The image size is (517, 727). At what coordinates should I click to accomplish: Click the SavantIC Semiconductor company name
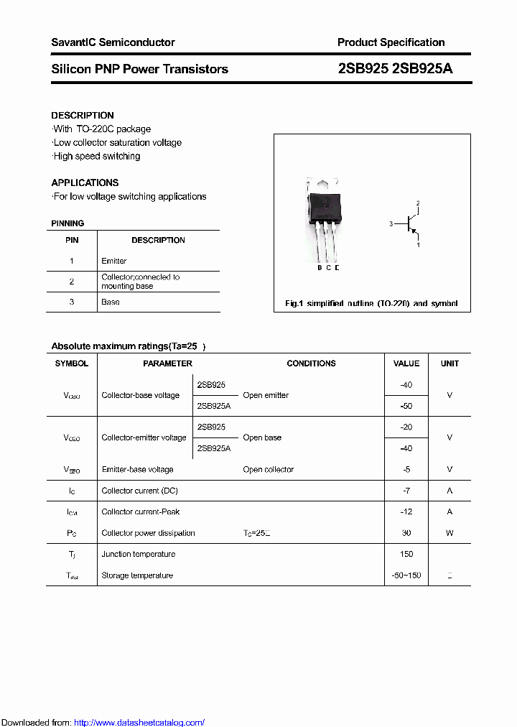pyautogui.click(x=113, y=42)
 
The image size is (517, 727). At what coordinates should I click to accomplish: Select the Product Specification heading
pyautogui.click(x=391, y=42)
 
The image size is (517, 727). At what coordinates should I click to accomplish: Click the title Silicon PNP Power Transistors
pyautogui.click(x=139, y=69)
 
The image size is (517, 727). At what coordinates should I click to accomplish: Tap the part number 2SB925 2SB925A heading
pyautogui.click(x=395, y=69)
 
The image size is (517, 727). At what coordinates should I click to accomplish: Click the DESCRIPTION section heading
pyautogui.click(x=83, y=115)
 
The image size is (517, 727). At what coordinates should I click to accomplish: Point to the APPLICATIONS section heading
pyautogui.click(x=85, y=182)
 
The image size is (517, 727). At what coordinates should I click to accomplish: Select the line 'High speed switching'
pyautogui.click(x=96, y=156)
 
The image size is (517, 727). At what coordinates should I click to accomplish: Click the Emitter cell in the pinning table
pyautogui.click(x=114, y=261)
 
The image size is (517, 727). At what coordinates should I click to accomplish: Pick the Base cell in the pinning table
pyautogui.click(x=111, y=302)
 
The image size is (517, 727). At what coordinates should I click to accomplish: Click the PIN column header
pyautogui.click(x=72, y=240)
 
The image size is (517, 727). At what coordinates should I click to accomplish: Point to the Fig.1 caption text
pyautogui.click(x=371, y=303)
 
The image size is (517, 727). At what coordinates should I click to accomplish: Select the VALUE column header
pyautogui.click(x=406, y=363)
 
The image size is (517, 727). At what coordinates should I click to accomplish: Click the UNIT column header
pyautogui.click(x=450, y=363)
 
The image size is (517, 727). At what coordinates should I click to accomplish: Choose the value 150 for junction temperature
pyautogui.click(x=406, y=554)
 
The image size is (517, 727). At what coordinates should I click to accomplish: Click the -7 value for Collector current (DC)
pyautogui.click(x=406, y=491)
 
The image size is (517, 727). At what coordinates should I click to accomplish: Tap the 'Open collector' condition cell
pyautogui.click(x=268, y=469)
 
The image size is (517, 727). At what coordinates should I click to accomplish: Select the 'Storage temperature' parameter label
pyautogui.click(x=137, y=575)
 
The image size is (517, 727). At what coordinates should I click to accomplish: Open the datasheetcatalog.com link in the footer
pyautogui.click(x=139, y=723)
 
